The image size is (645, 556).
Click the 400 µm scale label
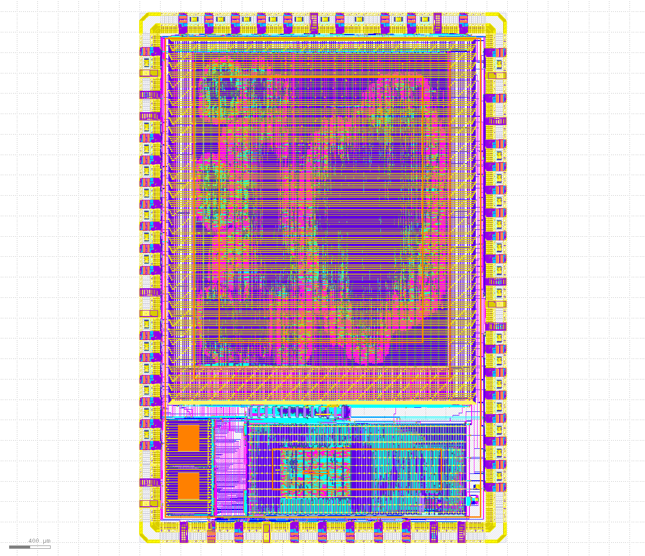tap(39, 540)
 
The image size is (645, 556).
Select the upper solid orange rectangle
tap(188, 438)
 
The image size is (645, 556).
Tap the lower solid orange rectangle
tap(188, 486)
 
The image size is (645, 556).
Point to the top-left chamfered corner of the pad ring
tap(145, 18)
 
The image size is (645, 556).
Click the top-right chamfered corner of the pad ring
tap(501, 18)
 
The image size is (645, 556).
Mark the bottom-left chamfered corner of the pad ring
tap(145, 537)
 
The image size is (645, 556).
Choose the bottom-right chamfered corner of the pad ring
tap(501, 537)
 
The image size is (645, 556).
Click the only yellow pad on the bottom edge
tap(266, 533)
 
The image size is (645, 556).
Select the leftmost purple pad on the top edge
tap(183, 23)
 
